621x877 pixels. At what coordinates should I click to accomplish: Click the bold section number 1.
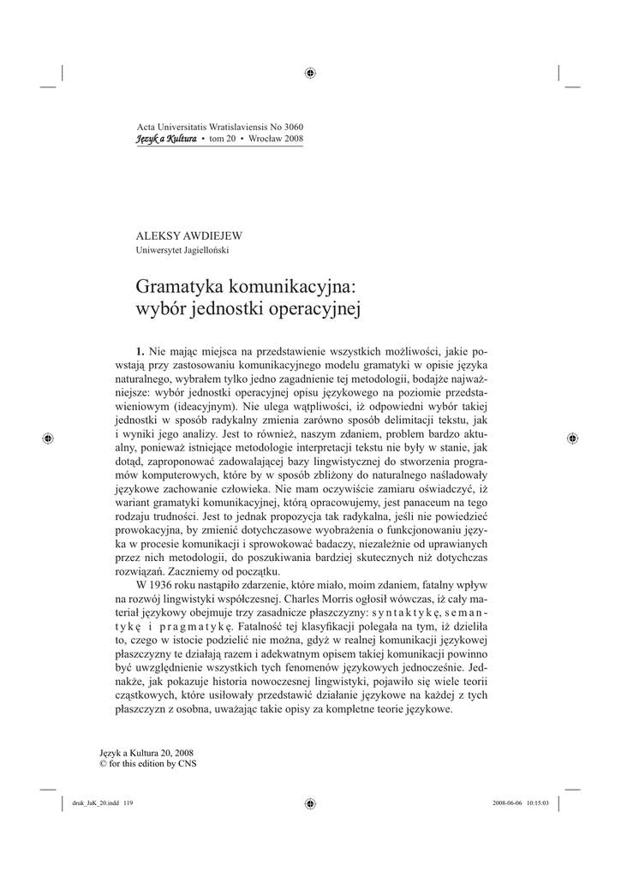point(140,350)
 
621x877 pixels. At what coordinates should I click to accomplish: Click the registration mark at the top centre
point(310,72)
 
